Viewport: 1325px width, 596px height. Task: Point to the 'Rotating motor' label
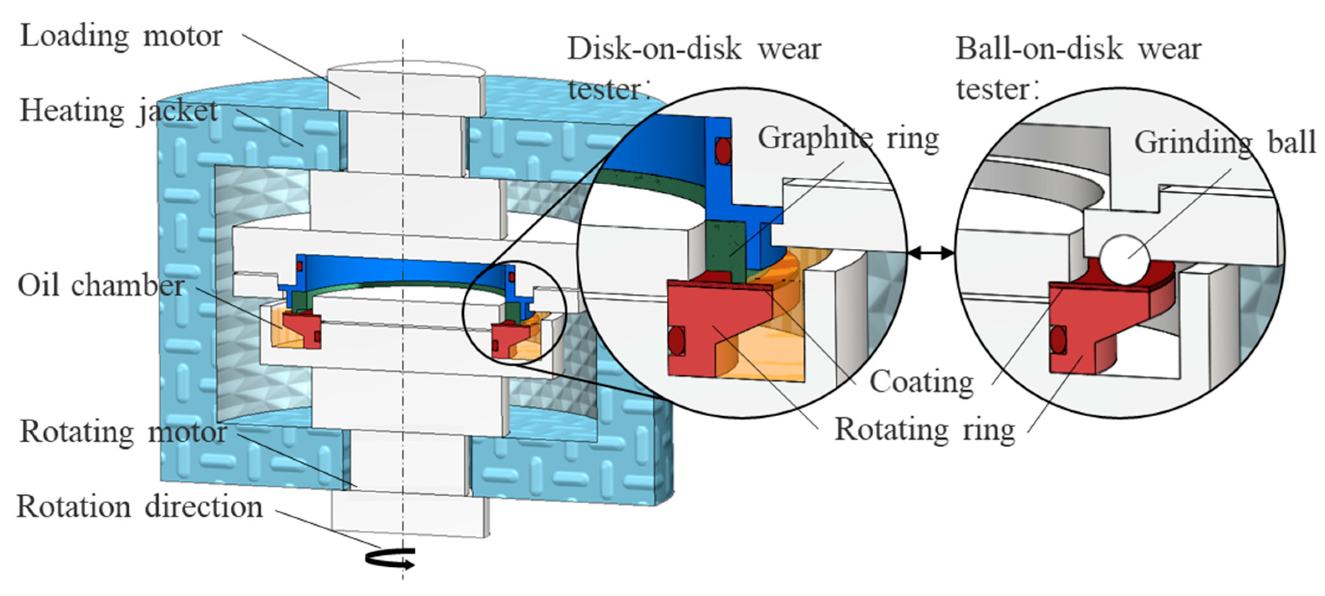tap(122, 432)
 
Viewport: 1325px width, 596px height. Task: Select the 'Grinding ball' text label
tap(1225, 143)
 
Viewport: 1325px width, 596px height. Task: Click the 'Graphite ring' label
tap(848, 138)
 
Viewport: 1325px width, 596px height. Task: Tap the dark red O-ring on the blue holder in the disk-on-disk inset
tap(723, 151)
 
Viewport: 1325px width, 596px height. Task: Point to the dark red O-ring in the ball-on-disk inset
tap(1058, 340)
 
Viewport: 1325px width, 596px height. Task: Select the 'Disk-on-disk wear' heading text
tap(694, 49)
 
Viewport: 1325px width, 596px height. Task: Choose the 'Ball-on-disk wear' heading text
tap(1078, 49)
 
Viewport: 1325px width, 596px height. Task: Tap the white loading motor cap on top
tap(406, 87)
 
